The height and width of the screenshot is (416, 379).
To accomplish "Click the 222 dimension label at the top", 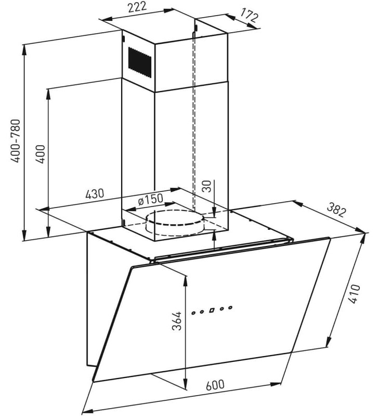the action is point(137,7).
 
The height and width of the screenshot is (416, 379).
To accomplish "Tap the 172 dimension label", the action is point(249,16).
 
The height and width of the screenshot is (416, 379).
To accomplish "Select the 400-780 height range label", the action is point(15,141).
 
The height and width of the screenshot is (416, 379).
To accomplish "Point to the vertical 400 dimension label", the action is point(41,154).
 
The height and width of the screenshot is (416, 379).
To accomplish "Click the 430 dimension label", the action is point(95,193).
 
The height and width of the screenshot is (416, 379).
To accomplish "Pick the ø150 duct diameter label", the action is point(150,200).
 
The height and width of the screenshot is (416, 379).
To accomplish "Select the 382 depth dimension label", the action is point(336,210).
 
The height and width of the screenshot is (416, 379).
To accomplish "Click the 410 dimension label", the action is point(354,294).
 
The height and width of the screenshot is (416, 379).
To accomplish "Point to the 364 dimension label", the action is point(176,321).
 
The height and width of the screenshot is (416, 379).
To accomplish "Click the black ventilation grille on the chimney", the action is point(140,62).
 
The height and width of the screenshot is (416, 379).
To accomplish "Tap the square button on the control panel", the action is point(212,310).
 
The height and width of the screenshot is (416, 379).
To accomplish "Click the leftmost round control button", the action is point(193,313).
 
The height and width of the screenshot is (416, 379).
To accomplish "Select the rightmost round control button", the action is point(230,307).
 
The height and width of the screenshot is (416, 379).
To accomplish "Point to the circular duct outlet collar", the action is point(175,223).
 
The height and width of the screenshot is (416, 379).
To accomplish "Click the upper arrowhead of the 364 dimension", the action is point(186,281).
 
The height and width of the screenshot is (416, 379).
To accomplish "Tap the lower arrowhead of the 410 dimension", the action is point(329,341).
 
